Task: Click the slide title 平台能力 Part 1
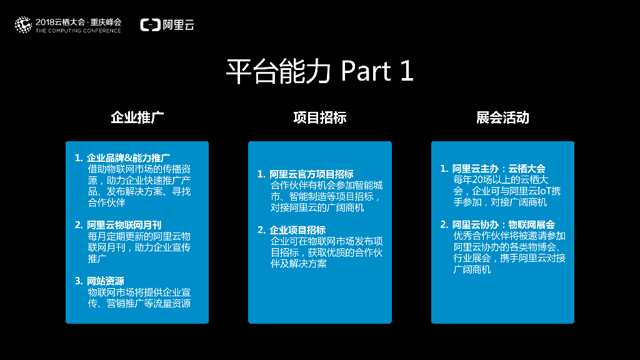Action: pyautogui.click(x=319, y=72)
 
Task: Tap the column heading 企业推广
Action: pyautogui.click(x=137, y=117)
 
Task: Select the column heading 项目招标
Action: pyautogui.click(x=319, y=117)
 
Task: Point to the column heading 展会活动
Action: pyautogui.click(x=502, y=117)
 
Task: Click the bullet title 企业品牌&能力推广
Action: pyautogui.click(x=129, y=157)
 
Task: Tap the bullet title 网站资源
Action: pyautogui.click(x=106, y=281)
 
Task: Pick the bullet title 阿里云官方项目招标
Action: pyautogui.click(x=311, y=174)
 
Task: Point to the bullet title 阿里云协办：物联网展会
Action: pyautogui.click(x=504, y=224)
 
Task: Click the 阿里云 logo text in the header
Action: pyautogui.click(x=178, y=25)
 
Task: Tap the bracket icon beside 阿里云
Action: pyautogui.click(x=150, y=25)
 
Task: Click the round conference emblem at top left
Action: pyautogui.click(x=23, y=25)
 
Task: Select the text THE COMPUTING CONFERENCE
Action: pyautogui.click(x=78, y=31)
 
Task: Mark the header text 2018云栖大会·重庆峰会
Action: pyautogui.click(x=78, y=22)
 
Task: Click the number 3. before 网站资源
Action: pyautogui.click(x=78, y=281)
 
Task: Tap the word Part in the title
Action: pyautogui.click(x=366, y=72)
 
